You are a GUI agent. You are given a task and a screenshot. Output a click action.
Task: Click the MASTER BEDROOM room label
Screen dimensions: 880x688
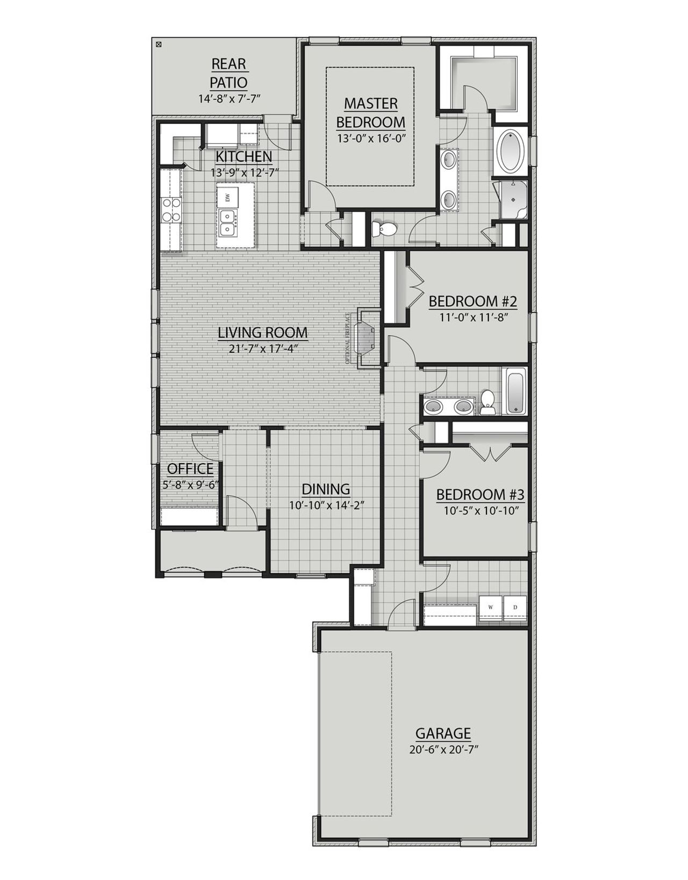370,112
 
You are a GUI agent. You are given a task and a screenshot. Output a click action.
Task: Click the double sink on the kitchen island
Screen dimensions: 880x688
228,223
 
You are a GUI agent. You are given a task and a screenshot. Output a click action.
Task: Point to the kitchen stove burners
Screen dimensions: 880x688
170,211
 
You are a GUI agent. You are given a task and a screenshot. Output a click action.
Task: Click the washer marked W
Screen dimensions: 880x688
490,607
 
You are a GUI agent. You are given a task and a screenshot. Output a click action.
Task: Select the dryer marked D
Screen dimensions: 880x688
515,607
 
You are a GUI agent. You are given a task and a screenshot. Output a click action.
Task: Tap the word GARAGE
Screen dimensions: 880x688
443,733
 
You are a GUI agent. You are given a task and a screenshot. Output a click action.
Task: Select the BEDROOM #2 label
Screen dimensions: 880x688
473,301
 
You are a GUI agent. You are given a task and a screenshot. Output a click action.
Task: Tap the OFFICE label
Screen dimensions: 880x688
190,468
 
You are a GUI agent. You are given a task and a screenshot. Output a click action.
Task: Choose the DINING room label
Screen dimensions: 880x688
326,489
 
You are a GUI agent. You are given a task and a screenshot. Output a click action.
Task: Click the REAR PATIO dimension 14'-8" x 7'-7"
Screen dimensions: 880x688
229,99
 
